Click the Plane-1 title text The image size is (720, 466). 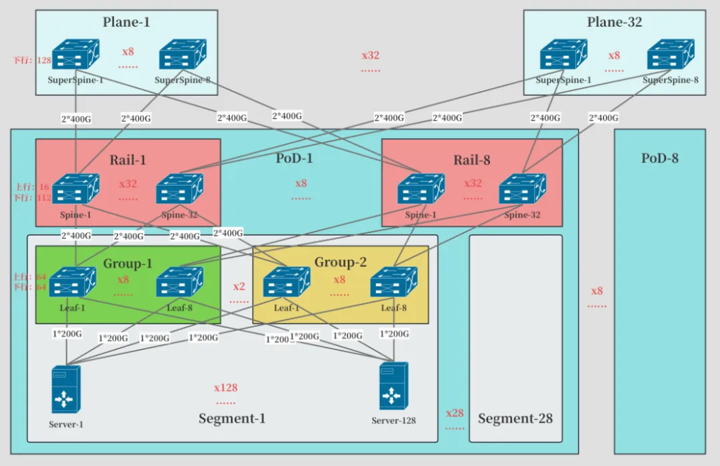[x=126, y=22]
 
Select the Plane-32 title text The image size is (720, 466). [x=614, y=22]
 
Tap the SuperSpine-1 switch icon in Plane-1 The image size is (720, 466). [x=75, y=55]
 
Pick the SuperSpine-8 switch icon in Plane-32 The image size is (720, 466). [x=671, y=55]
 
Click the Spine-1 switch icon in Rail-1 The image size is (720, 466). [x=75, y=189]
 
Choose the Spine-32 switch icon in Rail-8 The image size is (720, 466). [x=522, y=189]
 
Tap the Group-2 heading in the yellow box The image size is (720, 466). [x=340, y=262]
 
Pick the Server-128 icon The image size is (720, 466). [x=393, y=386]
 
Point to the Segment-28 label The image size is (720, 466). [x=515, y=419]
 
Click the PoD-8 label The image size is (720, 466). [x=660, y=158]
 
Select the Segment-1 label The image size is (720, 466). [x=232, y=419]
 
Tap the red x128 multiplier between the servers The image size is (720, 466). [x=225, y=387]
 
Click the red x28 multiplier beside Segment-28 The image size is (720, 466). [x=455, y=413]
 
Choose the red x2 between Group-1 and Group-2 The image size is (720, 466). [x=239, y=287]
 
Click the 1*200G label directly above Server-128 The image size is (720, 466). [x=394, y=334]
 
